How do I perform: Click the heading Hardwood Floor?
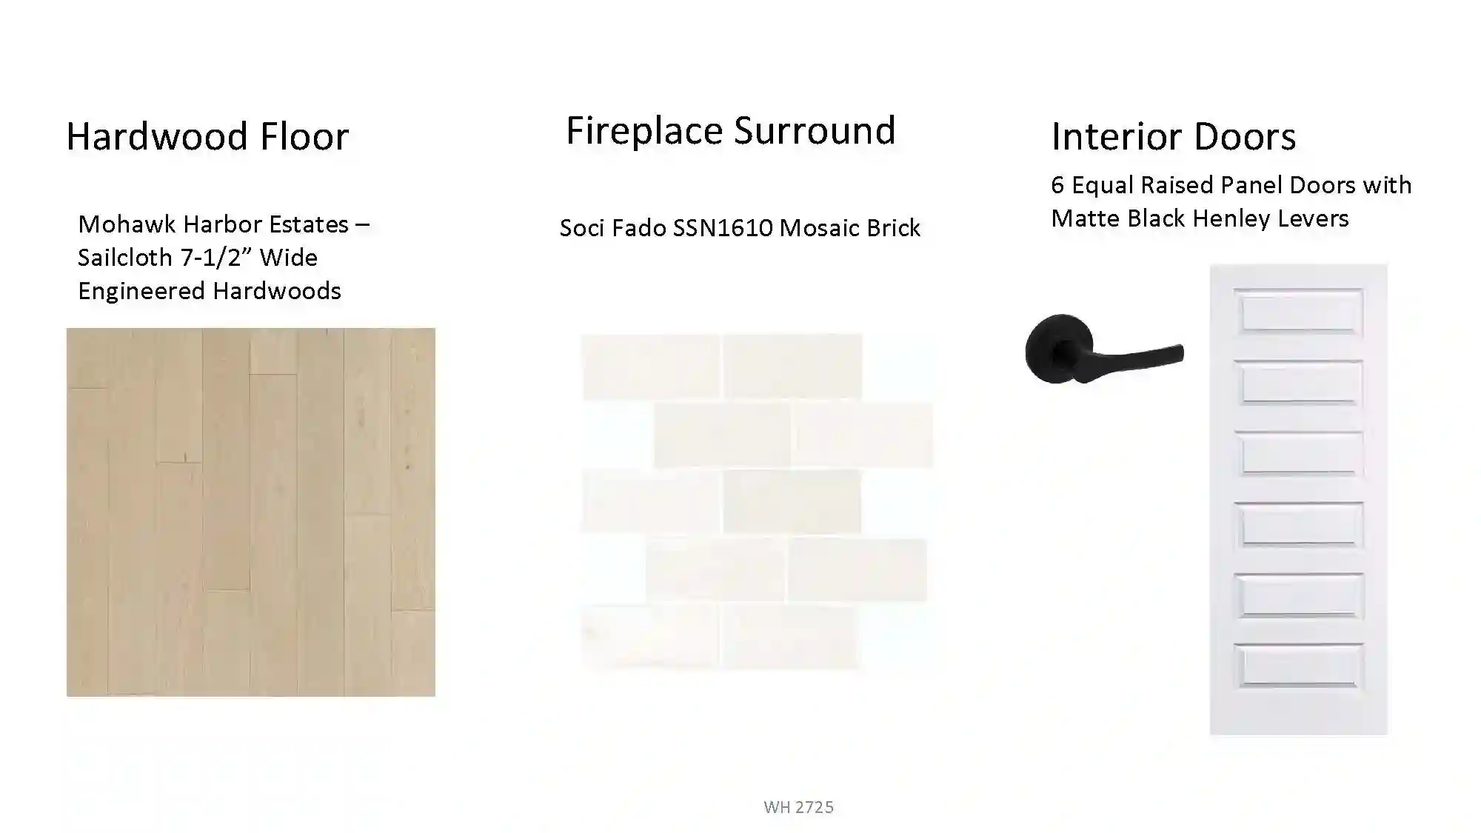pos(207,136)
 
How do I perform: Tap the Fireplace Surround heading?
pos(731,130)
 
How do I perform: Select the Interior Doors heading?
pos(1174,136)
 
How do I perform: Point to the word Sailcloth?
pos(125,257)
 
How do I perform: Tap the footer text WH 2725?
pos(798,806)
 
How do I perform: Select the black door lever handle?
pos(1104,349)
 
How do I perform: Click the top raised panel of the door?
pos(1298,311)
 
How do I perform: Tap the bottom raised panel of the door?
pos(1298,665)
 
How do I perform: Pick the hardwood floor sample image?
pos(251,512)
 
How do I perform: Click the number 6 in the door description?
pos(1057,184)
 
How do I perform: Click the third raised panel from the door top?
pos(1298,452)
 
